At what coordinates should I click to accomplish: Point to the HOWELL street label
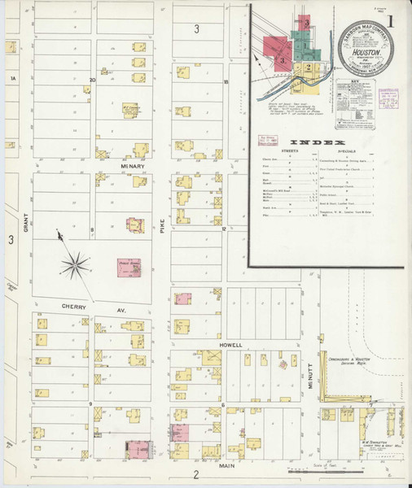(x=231, y=345)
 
